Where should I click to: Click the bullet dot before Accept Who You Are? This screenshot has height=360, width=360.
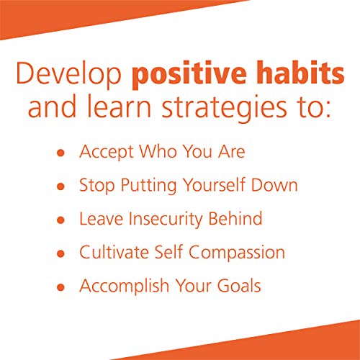(x=61, y=154)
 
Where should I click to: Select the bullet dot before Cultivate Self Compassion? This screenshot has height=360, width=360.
(x=61, y=253)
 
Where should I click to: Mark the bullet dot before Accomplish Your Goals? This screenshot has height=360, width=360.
(x=61, y=287)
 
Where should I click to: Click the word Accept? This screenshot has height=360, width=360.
(x=104, y=153)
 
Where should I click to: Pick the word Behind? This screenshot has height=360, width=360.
(x=235, y=220)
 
